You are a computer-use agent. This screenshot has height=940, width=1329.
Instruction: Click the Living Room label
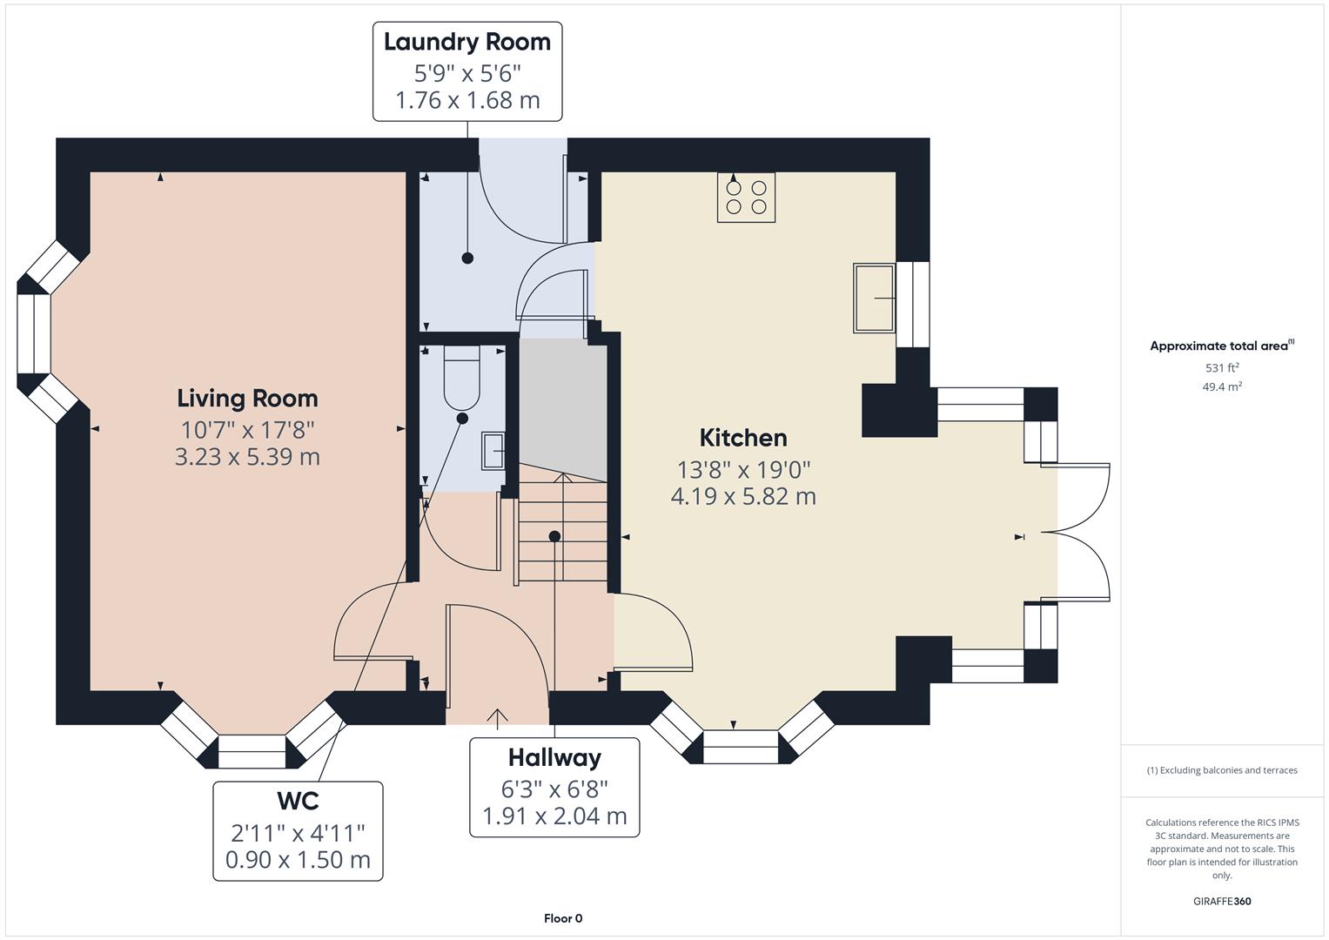click(x=247, y=399)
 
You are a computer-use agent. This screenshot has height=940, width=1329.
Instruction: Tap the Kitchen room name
click(x=742, y=438)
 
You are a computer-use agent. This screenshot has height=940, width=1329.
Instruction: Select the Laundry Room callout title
click(x=467, y=42)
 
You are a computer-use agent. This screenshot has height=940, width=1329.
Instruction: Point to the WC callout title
click(x=298, y=801)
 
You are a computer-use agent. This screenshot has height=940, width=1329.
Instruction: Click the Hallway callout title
click(x=554, y=758)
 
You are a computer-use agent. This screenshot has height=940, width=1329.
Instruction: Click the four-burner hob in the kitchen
click(x=746, y=197)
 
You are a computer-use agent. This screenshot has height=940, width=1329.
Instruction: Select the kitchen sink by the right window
click(x=875, y=298)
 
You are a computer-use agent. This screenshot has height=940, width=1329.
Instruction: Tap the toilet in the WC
click(x=461, y=378)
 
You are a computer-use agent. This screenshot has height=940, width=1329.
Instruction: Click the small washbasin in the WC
click(x=493, y=451)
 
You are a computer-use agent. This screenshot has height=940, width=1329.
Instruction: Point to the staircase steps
click(x=563, y=531)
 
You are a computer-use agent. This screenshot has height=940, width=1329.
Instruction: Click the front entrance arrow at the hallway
click(x=497, y=717)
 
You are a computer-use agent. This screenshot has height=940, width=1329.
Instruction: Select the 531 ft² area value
click(x=1222, y=368)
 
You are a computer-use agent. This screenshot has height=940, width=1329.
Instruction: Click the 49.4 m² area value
click(x=1222, y=387)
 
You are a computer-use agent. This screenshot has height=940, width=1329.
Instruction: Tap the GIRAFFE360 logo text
click(x=1222, y=902)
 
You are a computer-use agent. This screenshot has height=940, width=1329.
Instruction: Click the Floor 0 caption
click(x=563, y=918)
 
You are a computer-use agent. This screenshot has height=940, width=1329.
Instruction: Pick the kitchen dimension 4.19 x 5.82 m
click(x=743, y=497)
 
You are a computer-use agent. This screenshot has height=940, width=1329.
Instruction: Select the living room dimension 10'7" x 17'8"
click(x=247, y=429)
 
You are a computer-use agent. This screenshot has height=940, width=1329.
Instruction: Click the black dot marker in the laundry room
click(x=467, y=258)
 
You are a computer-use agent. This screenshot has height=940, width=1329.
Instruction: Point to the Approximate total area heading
click(x=1221, y=346)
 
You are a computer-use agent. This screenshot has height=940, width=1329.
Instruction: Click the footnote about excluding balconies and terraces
click(x=1222, y=770)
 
